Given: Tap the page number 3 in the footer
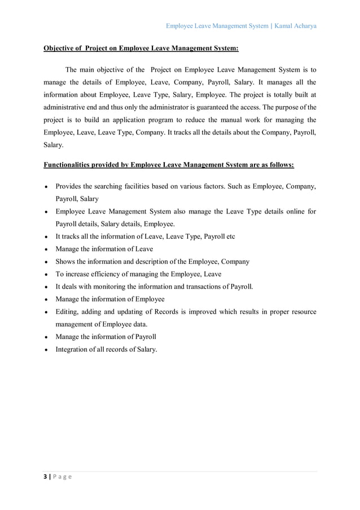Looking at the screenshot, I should click(x=46, y=476).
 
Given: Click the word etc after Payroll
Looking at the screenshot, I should click(x=230, y=237).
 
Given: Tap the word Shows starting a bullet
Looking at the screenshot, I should click(x=65, y=261).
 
